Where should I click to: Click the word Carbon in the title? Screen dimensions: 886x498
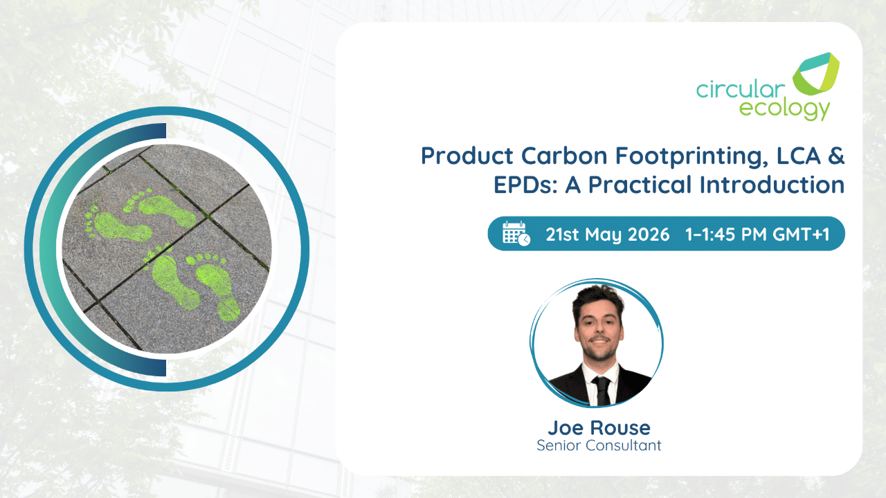point(564,156)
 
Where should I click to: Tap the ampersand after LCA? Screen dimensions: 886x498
point(835,156)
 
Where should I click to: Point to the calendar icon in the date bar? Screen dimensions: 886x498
point(516,234)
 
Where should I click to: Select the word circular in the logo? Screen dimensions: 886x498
point(741,89)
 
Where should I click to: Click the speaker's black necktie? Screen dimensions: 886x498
point(602,391)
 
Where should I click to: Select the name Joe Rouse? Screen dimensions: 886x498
point(599,427)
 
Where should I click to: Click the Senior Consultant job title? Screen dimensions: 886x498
point(599,445)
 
